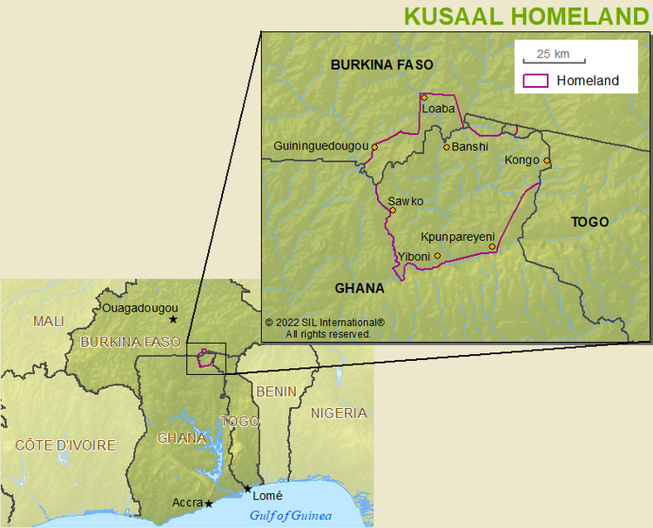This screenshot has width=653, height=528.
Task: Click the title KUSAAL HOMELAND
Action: [527, 16]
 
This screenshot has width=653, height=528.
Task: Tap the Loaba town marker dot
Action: [424, 97]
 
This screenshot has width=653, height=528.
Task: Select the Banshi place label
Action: [469, 147]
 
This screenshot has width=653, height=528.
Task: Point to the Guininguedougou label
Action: [321, 146]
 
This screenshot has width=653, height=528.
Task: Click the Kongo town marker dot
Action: [547, 160]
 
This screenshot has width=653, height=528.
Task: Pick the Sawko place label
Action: [406, 201]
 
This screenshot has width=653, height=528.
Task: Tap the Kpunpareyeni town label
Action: [458, 237]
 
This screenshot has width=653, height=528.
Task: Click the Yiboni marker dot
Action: [437, 256]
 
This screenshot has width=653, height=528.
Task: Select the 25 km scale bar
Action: [554, 59]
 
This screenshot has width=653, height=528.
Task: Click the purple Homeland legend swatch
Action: [535, 81]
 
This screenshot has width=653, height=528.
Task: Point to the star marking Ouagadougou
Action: [173, 319]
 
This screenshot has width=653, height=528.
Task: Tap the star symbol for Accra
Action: [209, 504]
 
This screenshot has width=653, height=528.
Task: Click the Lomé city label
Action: [267, 496]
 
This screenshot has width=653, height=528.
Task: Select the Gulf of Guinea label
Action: [291, 516]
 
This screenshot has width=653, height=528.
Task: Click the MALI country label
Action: [49, 321]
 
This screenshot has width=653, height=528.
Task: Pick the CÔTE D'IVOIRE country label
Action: [65, 445]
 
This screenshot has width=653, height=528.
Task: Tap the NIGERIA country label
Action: [339, 413]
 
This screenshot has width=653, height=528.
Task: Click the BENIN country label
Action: [276, 391]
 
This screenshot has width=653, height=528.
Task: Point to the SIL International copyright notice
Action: [325, 328]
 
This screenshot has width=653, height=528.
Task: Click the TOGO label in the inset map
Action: [589, 222]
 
